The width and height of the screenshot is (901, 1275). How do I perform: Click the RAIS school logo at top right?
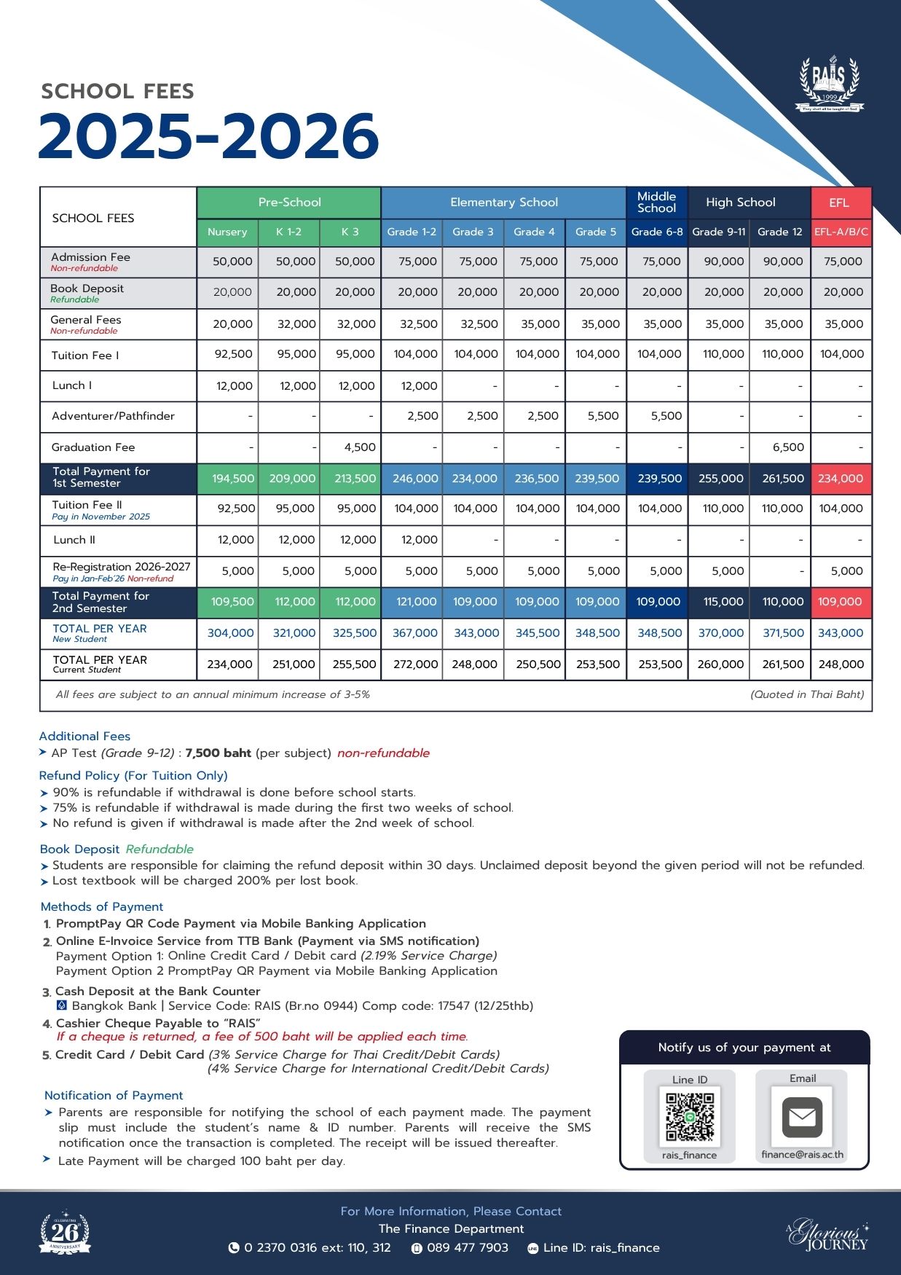(829, 84)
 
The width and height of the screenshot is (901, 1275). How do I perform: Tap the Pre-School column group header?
(289, 203)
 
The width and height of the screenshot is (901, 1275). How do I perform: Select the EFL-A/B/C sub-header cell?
(841, 232)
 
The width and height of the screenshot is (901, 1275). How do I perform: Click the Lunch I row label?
(72, 385)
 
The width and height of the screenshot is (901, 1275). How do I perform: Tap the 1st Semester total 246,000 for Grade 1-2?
(415, 479)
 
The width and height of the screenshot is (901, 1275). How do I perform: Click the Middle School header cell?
(656, 203)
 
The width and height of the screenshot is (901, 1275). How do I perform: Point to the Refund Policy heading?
(133, 775)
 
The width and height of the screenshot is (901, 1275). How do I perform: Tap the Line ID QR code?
(690, 1116)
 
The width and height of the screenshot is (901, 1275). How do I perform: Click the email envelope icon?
(802, 1117)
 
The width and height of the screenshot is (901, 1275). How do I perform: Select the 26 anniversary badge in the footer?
(65, 1233)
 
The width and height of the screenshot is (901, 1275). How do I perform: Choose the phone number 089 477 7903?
(467, 1247)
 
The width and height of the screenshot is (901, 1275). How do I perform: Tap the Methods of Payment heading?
(102, 906)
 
